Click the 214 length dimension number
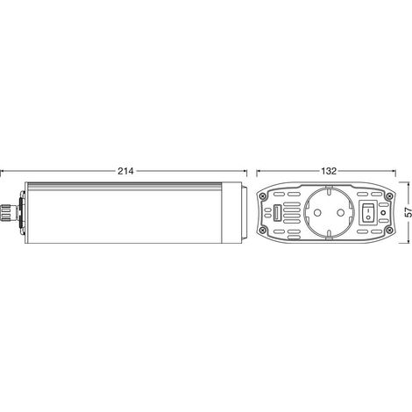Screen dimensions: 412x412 click(x=125, y=171)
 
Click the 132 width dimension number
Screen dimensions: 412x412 click(x=329, y=171)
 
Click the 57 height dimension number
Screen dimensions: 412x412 click(x=408, y=212)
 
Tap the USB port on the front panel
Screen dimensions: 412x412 click(x=276, y=212)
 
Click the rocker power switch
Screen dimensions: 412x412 click(x=368, y=212)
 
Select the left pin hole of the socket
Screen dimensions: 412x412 click(x=316, y=212)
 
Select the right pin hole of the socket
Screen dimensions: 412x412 click(x=340, y=212)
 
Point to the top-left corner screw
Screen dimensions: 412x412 click(x=264, y=196)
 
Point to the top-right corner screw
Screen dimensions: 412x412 click(x=389, y=196)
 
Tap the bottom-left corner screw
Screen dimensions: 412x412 click(x=264, y=229)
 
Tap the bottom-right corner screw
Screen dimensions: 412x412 click(x=389, y=229)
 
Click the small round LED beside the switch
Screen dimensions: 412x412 click(x=384, y=212)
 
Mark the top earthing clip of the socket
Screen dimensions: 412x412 click(x=329, y=188)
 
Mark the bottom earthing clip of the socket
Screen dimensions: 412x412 click(x=329, y=237)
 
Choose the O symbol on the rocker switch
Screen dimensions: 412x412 click(x=368, y=217)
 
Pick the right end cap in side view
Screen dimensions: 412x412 click(x=234, y=212)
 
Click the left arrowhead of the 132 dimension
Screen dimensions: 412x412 click(x=259, y=171)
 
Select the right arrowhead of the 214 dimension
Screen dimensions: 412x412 click(x=245, y=171)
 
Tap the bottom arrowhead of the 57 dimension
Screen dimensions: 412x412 click(x=408, y=241)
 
